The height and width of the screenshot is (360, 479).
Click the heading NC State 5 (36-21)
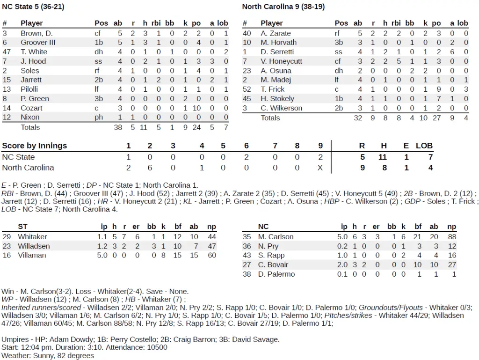33,7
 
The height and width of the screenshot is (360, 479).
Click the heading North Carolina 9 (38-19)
283,7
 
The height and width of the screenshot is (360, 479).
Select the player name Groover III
38,43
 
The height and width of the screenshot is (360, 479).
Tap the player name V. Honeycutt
281,61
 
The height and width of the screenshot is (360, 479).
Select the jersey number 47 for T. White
7,52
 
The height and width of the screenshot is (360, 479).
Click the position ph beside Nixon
99,118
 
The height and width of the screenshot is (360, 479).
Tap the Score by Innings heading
35,146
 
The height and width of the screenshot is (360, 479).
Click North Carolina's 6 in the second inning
150,168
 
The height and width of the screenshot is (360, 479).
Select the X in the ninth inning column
320,168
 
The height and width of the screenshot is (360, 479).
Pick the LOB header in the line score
424,146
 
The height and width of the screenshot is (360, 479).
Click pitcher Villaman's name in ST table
32,255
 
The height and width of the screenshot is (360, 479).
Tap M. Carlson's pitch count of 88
451,237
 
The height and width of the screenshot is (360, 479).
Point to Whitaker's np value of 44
211,237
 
